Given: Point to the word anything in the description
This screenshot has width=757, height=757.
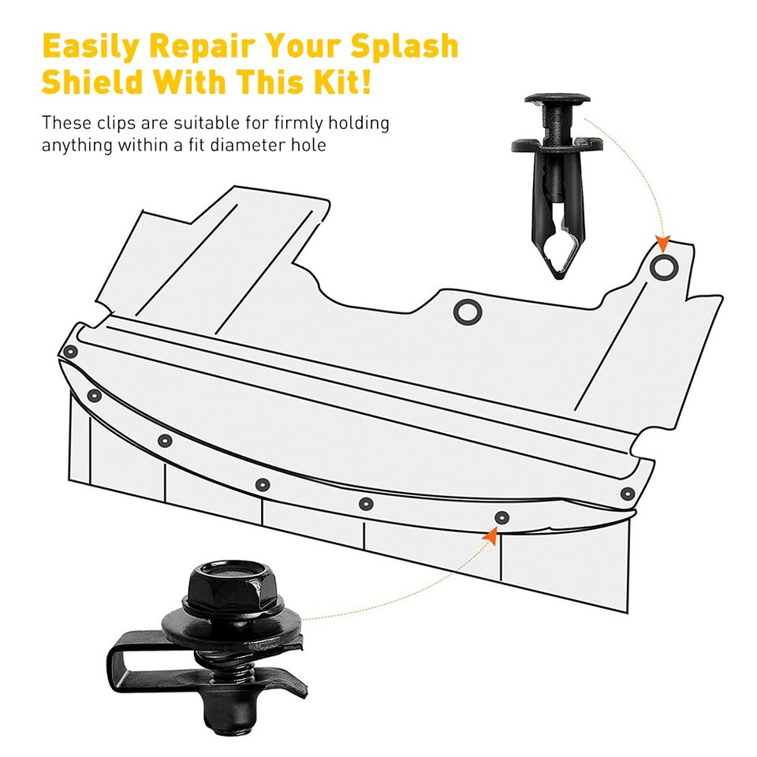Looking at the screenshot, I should (74, 146).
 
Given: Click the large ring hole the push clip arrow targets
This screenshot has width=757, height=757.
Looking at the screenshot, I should (662, 268).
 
